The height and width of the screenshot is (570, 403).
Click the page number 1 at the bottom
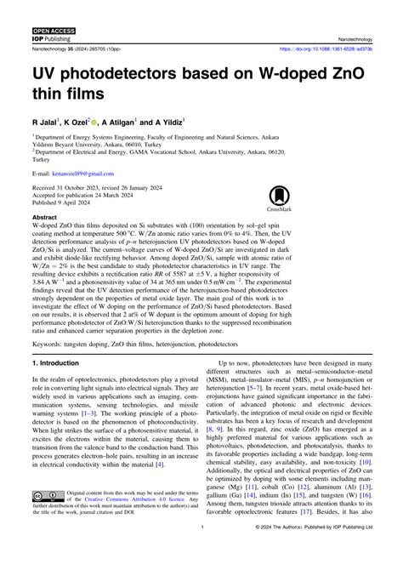click(x=201, y=552)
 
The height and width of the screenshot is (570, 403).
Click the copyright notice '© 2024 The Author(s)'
click(x=298, y=552)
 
